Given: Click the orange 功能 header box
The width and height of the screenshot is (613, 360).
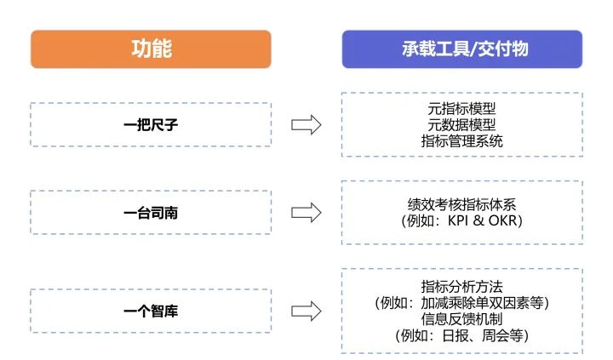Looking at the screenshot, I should pos(151,49).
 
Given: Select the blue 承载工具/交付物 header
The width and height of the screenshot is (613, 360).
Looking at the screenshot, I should pos(461,49).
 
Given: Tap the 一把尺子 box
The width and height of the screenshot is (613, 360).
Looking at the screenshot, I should pos(151,124).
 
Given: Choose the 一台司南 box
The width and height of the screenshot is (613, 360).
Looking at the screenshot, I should pos(151,213).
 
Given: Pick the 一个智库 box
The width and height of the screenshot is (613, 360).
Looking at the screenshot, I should pos(151,311).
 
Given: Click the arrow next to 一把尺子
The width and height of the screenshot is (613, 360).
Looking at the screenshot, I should pos(306,124).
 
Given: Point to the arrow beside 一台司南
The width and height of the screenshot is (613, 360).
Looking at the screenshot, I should pos(306,213).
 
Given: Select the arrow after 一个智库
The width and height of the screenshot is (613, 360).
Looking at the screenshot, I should pos(306,311).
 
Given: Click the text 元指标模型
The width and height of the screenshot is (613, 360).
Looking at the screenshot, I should pos(461,109).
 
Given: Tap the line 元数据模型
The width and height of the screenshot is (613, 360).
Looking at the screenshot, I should pos(461,125).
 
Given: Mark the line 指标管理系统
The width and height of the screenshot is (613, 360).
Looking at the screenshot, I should pos(461,141).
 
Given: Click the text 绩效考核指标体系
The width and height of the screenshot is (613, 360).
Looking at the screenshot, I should pos(461,204).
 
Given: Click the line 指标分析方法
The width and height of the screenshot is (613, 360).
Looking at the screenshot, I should pos(461,286).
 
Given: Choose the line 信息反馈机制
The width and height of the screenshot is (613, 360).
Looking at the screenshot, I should pos(461,319).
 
